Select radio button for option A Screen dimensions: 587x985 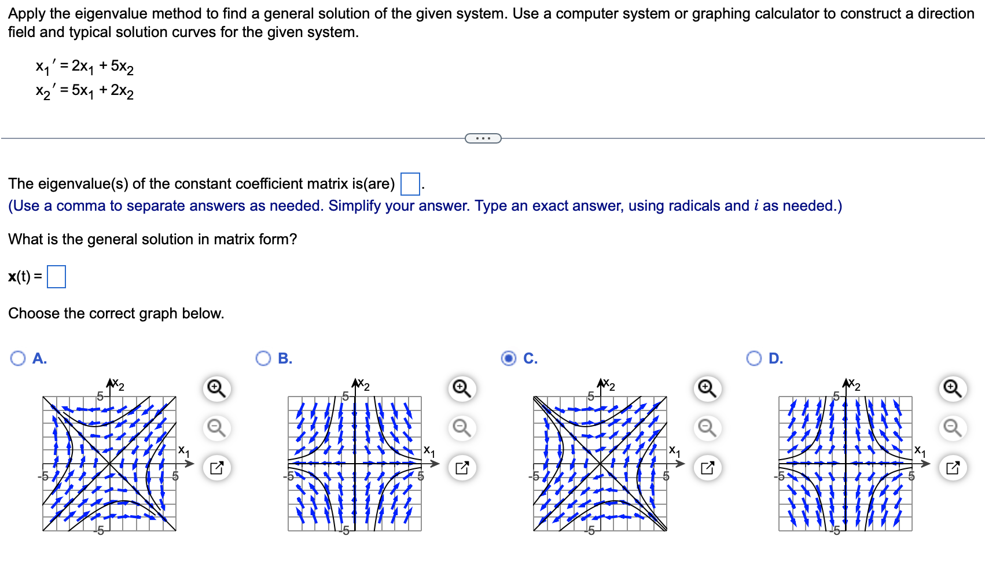coord(18,358)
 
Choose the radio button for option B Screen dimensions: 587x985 coord(263,358)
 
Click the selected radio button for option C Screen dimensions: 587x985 coord(509,358)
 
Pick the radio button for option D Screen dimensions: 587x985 coord(754,358)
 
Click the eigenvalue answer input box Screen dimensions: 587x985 coord(410,184)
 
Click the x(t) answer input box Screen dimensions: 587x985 coord(56,277)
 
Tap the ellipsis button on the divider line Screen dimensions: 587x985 coord(483,138)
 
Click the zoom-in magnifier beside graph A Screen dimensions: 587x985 coord(216,388)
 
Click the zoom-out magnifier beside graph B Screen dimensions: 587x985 coord(462,428)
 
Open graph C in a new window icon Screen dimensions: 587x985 coord(707,468)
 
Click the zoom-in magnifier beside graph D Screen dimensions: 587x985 coord(953,388)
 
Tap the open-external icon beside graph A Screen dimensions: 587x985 coord(216,468)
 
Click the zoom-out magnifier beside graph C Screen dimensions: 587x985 coord(707,428)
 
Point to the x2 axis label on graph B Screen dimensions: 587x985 coord(363,385)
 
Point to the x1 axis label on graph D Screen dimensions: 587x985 coord(920,450)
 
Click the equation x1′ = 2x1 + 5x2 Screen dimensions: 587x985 coord(84,67)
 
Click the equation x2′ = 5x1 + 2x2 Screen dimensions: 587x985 coord(84,91)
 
